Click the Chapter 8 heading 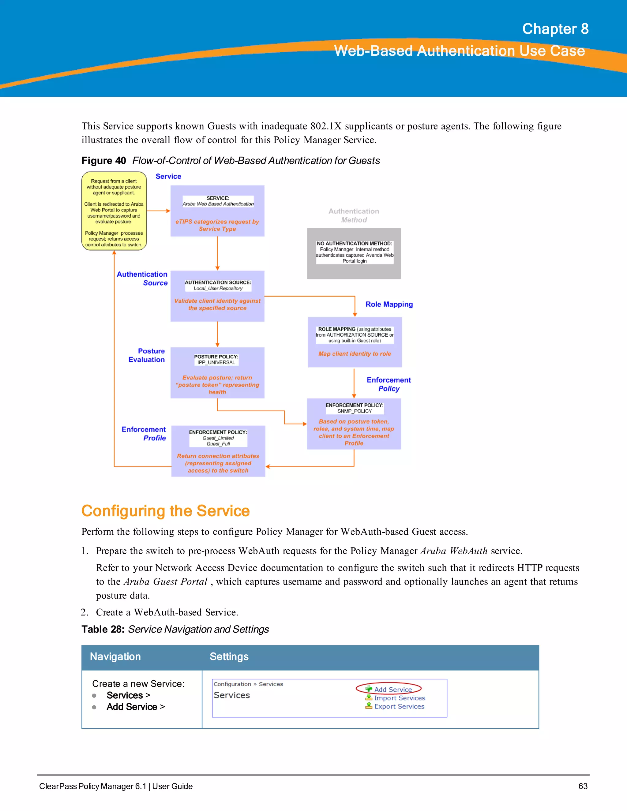pos(555,29)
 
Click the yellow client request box pos(114,211)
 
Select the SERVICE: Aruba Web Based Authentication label pos(218,201)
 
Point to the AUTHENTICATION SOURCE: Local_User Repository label pos(218,285)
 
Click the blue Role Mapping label pos(389,304)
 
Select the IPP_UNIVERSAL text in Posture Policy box pos(216,362)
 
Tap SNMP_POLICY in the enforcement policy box pos(354,411)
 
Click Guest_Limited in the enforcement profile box pos(218,438)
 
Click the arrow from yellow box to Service pos(159,211)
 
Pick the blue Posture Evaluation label pos(147,355)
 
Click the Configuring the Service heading pos(165,511)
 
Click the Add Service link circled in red pos(392,689)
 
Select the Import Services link pos(399,698)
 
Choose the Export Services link pos(399,706)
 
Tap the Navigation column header pos(115,656)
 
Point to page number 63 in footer pos(583,786)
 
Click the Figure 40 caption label pos(104,160)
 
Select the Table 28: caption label pos(103,630)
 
